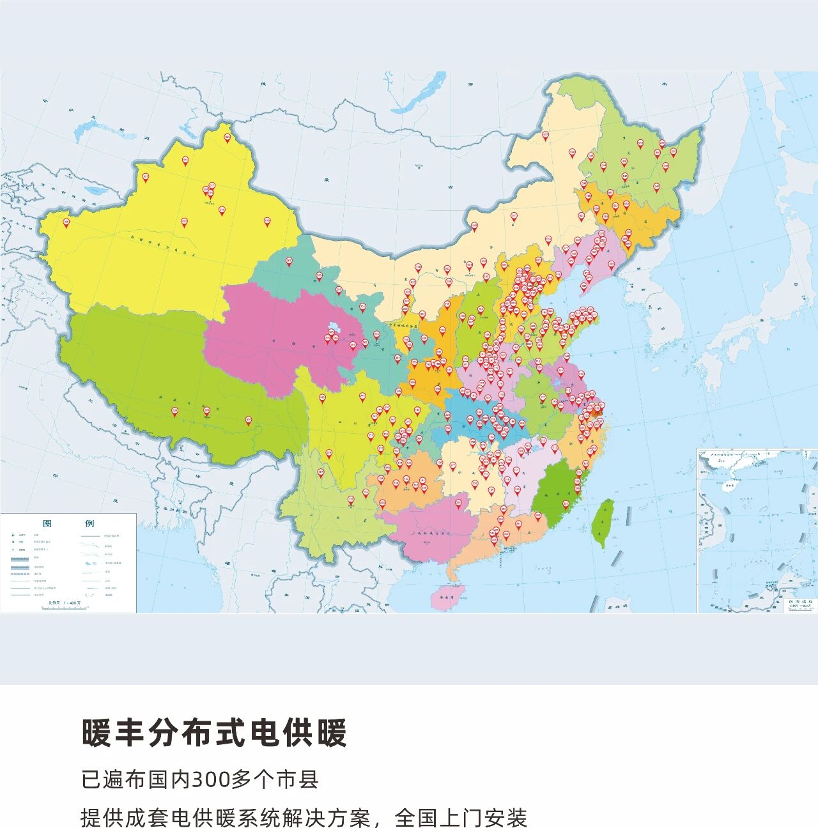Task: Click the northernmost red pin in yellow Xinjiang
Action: click(227, 137)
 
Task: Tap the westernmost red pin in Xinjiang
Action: click(66, 223)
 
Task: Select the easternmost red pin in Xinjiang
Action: click(267, 222)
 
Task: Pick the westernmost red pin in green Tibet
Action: click(174, 412)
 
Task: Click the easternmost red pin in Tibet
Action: click(249, 420)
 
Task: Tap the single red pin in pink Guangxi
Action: click(458, 503)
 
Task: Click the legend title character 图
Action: click(47, 523)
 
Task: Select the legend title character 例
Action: click(89, 523)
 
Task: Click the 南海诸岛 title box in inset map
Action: click(799, 603)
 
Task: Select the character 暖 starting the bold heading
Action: click(97, 733)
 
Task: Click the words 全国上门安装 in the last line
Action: click(461, 817)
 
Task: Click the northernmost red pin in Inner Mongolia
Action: click(545, 135)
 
